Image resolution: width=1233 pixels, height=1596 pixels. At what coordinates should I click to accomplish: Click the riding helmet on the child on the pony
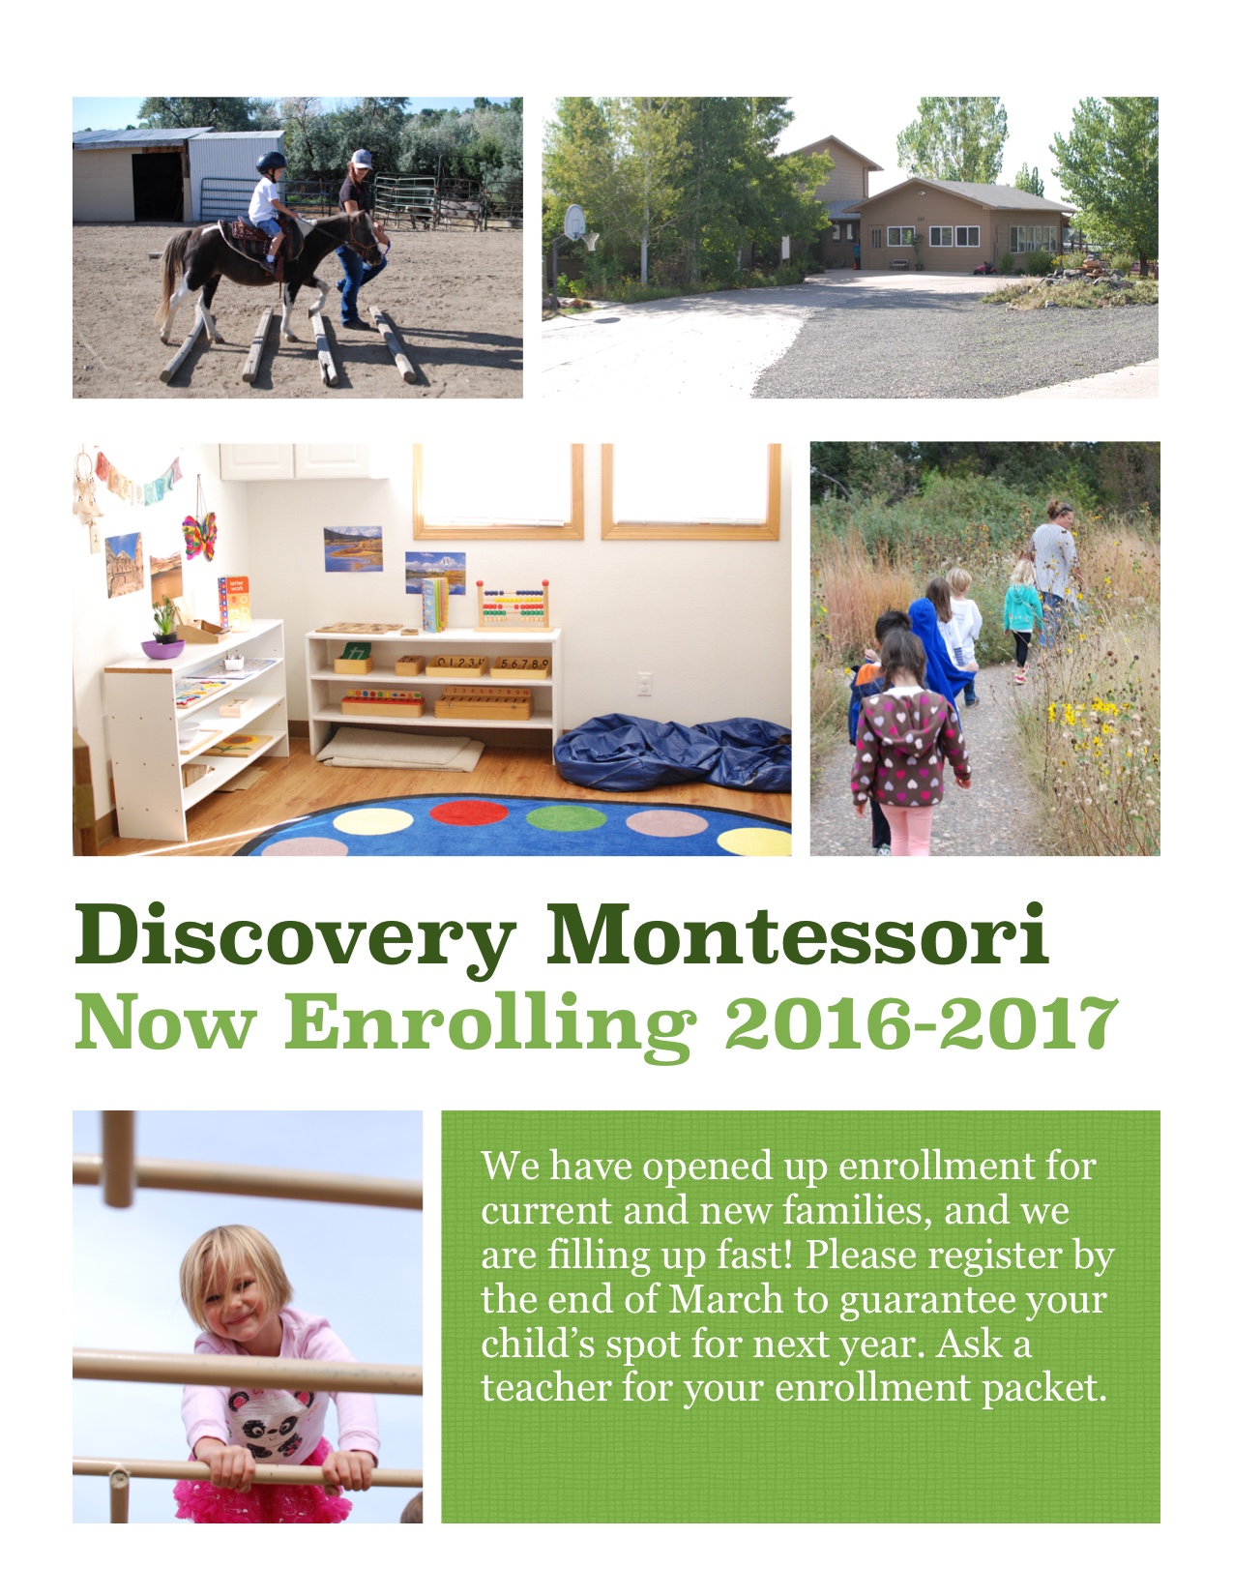[271, 163]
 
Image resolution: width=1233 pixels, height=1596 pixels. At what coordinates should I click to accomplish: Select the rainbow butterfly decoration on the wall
[199, 536]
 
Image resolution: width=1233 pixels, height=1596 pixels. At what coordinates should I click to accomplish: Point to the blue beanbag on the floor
[673, 754]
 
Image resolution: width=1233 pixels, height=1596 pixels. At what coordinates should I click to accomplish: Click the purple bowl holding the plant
[162, 649]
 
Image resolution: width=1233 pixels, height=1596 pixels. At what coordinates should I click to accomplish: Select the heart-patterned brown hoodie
[908, 748]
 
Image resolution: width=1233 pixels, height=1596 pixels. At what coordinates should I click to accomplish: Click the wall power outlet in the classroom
[644, 684]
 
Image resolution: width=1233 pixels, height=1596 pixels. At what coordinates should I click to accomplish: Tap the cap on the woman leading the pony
[362, 159]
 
